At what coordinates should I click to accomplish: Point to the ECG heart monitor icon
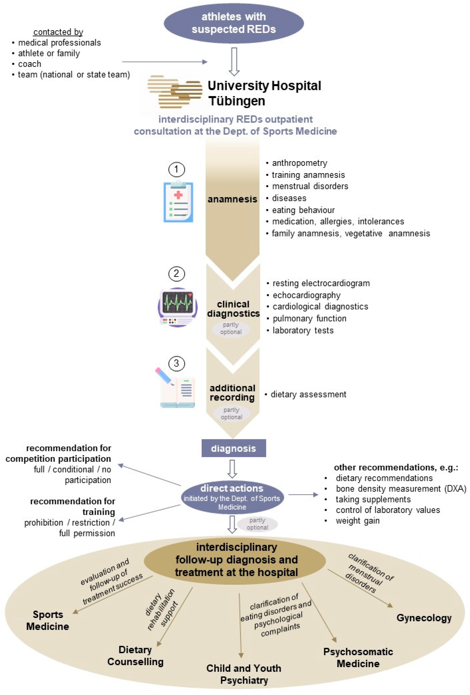(x=177, y=307)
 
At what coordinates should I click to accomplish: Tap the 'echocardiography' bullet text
(x=306, y=295)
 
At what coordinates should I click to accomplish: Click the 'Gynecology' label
(x=424, y=618)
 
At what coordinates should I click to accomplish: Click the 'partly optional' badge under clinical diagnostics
(x=231, y=328)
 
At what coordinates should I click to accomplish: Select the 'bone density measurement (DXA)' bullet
(x=401, y=489)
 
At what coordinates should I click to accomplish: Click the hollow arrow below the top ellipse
(x=234, y=61)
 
